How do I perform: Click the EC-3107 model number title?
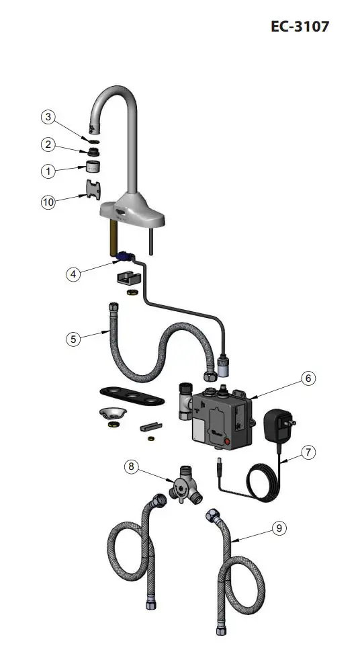(300, 27)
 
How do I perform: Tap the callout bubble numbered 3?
(48, 117)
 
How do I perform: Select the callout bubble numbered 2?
(48, 144)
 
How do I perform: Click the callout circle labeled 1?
(48, 171)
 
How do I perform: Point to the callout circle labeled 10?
(48, 202)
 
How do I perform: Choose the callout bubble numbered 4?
(75, 274)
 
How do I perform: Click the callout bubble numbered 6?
(308, 378)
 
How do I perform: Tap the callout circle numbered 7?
(308, 452)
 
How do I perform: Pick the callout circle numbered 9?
(279, 528)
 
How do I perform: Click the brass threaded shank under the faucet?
(116, 239)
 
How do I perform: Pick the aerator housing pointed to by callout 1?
(95, 168)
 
